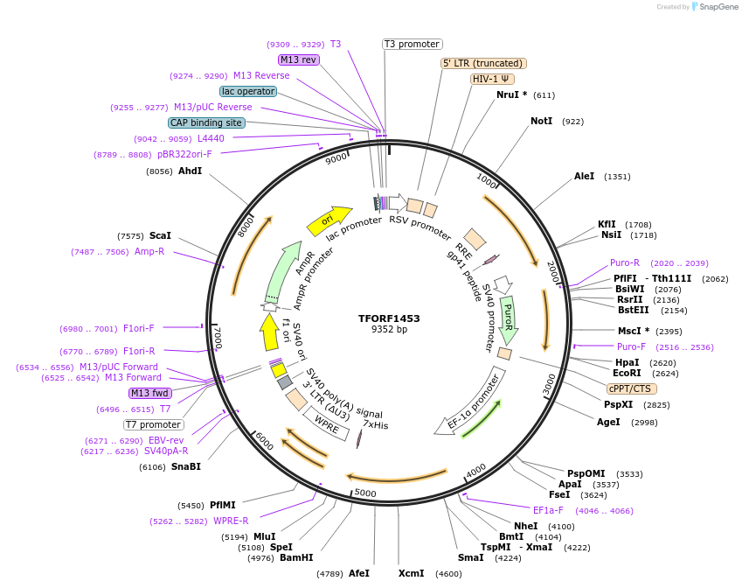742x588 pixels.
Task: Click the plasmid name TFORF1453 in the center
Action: pyautogui.click(x=389, y=318)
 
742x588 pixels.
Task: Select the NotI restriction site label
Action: pyautogui.click(x=542, y=121)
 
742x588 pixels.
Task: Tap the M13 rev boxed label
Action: pyautogui.click(x=298, y=59)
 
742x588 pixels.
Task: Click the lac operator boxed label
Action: pyautogui.click(x=248, y=91)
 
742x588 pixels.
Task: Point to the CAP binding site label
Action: pyautogui.click(x=206, y=123)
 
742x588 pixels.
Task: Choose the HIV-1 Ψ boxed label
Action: pyautogui.click(x=492, y=79)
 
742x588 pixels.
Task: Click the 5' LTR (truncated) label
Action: pyautogui.click(x=483, y=63)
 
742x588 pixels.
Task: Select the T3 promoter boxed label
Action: pyautogui.click(x=413, y=44)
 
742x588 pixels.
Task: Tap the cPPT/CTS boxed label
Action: pyautogui.click(x=629, y=388)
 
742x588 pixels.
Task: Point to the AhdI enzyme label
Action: pyautogui.click(x=190, y=171)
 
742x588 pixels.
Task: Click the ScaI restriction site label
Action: pyautogui.click(x=160, y=235)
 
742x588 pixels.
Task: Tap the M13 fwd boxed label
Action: pyautogui.click(x=150, y=393)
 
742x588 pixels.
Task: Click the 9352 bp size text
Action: pyautogui.click(x=389, y=330)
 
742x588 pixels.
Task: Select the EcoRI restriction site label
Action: pyautogui.click(x=627, y=374)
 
